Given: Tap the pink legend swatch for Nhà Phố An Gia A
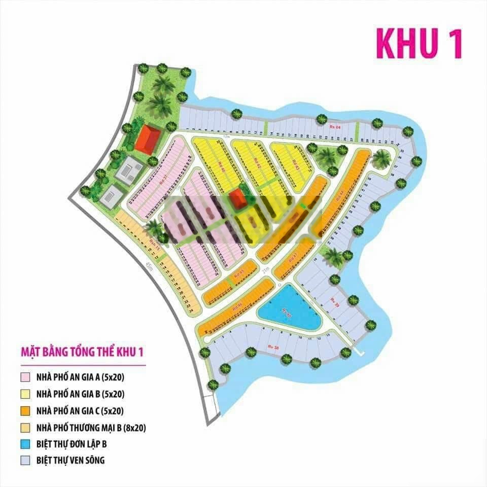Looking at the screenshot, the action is (25, 377).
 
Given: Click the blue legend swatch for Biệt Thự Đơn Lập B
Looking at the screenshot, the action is (25, 444).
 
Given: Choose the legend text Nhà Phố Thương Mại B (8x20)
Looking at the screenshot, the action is (91, 427).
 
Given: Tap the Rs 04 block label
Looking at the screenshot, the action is (334, 126).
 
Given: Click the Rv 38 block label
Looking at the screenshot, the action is (273, 346).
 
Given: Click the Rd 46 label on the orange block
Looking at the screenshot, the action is (236, 306).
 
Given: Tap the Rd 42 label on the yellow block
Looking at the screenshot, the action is (257, 165).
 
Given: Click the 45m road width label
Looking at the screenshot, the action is (149, 267).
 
